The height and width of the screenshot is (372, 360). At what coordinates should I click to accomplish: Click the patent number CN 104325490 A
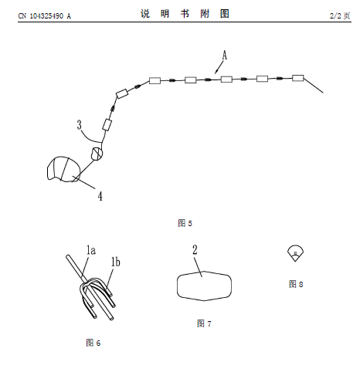click(44, 16)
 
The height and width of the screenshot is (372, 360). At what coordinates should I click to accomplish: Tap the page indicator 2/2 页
click(340, 15)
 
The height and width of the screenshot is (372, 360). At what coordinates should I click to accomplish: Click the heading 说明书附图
click(185, 14)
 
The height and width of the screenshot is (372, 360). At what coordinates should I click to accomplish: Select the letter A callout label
click(225, 56)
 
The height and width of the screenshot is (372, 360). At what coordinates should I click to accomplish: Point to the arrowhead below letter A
click(216, 71)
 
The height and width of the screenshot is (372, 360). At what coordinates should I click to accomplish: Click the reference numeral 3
click(79, 125)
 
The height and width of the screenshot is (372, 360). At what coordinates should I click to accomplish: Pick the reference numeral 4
click(100, 196)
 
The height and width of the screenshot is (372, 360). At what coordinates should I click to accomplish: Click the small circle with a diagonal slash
click(97, 154)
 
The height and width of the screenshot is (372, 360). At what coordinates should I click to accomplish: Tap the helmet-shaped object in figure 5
click(63, 169)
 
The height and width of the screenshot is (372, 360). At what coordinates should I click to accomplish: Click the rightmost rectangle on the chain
click(298, 78)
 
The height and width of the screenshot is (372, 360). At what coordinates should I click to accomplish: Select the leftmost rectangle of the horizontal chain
click(155, 80)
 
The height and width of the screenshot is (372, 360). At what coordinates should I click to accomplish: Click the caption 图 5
click(185, 223)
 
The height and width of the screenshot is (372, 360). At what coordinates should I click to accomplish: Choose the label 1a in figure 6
click(91, 250)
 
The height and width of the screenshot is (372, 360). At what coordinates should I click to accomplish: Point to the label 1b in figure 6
click(116, 262)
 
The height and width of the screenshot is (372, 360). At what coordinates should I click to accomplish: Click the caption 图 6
click(93, 343)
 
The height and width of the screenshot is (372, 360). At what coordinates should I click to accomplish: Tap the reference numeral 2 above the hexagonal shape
click(195, 250)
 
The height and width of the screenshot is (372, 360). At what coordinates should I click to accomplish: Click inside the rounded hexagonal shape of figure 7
click(204, 286)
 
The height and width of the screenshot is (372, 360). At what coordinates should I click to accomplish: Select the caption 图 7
click(204, 323)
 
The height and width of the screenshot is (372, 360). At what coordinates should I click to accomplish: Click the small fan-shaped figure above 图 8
click(295, 253)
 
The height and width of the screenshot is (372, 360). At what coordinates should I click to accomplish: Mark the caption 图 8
click(296, 284)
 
